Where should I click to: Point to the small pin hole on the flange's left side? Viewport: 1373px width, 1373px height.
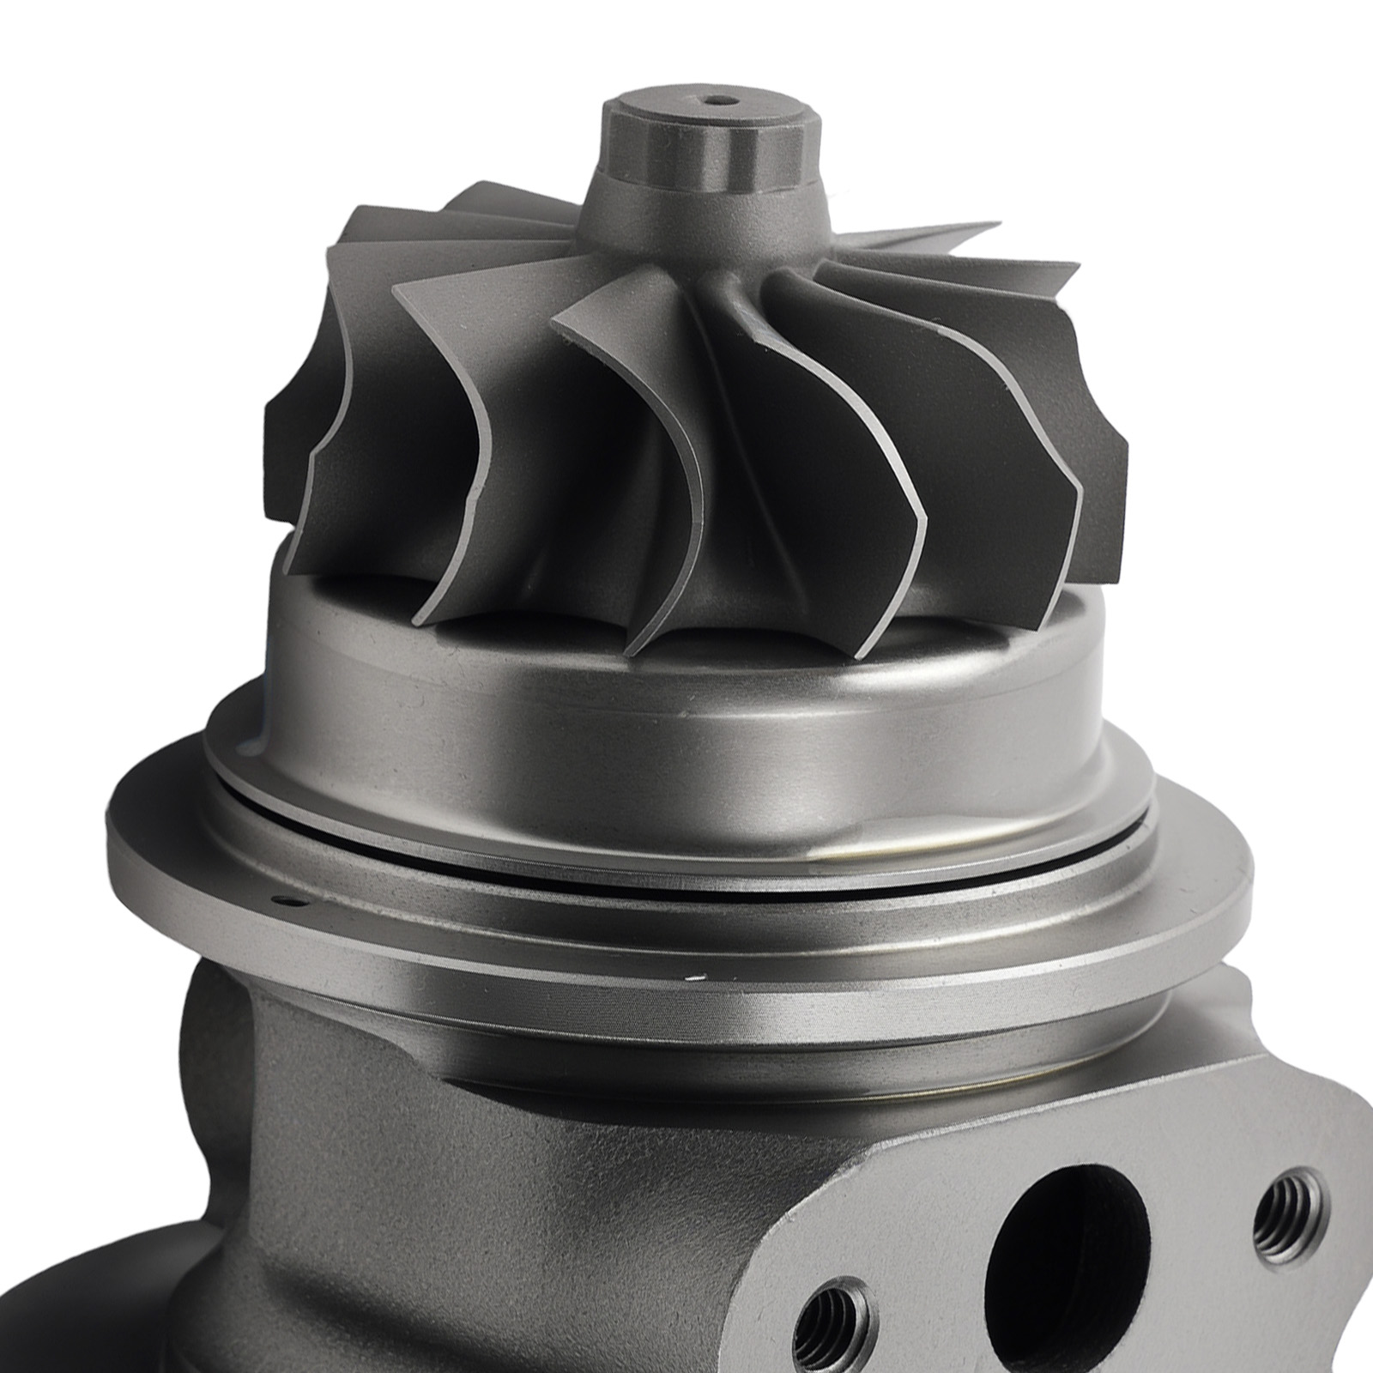(285, 901)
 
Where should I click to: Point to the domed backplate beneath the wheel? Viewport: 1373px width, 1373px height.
(686, 729)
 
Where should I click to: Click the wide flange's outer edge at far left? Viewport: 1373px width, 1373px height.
(116, 841)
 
